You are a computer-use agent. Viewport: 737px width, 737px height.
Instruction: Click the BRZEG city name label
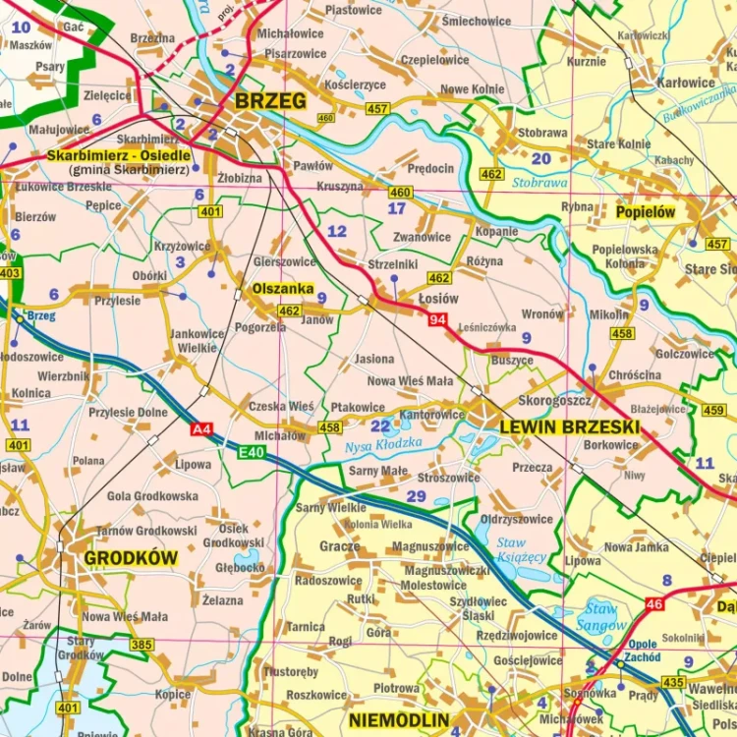(x=270, y=101)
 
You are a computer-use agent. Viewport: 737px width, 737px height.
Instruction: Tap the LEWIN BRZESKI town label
(x=569, y=427)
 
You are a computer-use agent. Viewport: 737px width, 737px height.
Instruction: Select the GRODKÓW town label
(x=131, y=558)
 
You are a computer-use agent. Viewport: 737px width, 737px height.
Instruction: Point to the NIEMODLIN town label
(x=399, y=719)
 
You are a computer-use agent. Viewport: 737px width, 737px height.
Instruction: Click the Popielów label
(x=645, y=211)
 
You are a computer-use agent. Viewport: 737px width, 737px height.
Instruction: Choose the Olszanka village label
(x=283, y=290)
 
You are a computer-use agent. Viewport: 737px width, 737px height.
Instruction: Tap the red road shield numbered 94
(x=437, y=319)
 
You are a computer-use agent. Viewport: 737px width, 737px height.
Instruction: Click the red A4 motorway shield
(x=201, y=428)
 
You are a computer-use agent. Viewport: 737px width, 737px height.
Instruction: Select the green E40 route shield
(x=252, y=452)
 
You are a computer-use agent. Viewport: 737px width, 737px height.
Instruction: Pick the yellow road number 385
(x=142, y=645)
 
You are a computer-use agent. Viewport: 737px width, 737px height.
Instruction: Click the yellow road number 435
(x=674, y=682)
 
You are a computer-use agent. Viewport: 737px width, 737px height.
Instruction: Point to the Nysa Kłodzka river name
(x=383, y=445)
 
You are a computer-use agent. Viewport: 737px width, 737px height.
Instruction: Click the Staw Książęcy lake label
(x=520, y=549)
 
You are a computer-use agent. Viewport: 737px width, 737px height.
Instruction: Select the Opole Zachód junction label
(x=643, y=651)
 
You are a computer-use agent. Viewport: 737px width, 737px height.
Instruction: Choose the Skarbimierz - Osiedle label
(x=118, y=155)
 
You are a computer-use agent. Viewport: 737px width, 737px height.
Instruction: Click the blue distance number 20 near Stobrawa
(x=540, y=159)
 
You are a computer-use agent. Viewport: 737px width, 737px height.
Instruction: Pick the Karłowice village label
(x=686, y=83)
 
